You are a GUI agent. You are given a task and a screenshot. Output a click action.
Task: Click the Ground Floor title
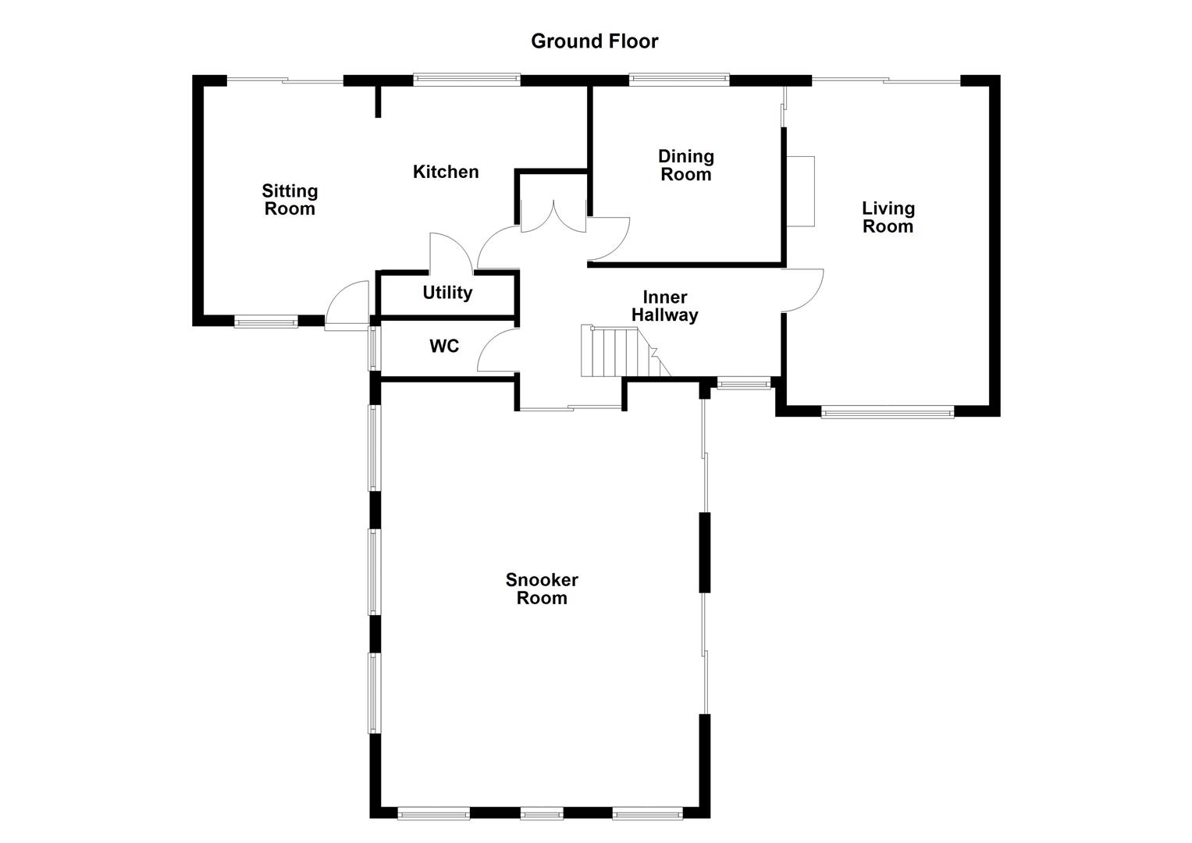point(594,41)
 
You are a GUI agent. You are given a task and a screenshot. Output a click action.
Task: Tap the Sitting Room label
point(290,200)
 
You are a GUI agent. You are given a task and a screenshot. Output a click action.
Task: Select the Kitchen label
point(446,172)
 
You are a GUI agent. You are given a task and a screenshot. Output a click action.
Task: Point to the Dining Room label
point(685,165)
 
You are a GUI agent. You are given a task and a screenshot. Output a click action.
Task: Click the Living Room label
point(888,217)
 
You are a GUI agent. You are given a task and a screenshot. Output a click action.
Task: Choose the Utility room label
point(447,293)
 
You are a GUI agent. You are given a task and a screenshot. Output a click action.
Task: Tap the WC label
point(444,346)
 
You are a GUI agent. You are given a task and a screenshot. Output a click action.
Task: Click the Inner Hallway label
point(664,306)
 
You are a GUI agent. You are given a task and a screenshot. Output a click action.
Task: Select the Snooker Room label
point(542,589)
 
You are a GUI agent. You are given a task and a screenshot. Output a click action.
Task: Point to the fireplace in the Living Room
point(800,191)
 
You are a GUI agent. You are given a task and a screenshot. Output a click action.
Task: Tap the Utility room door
point(450,251)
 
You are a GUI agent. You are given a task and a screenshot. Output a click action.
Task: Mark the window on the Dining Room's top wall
point(679,79)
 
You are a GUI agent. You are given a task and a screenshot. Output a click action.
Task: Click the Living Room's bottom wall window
point(888,411)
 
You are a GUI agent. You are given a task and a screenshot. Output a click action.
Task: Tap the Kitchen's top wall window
point(467,79)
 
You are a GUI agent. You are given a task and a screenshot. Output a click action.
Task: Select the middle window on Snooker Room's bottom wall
point(542,814)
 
